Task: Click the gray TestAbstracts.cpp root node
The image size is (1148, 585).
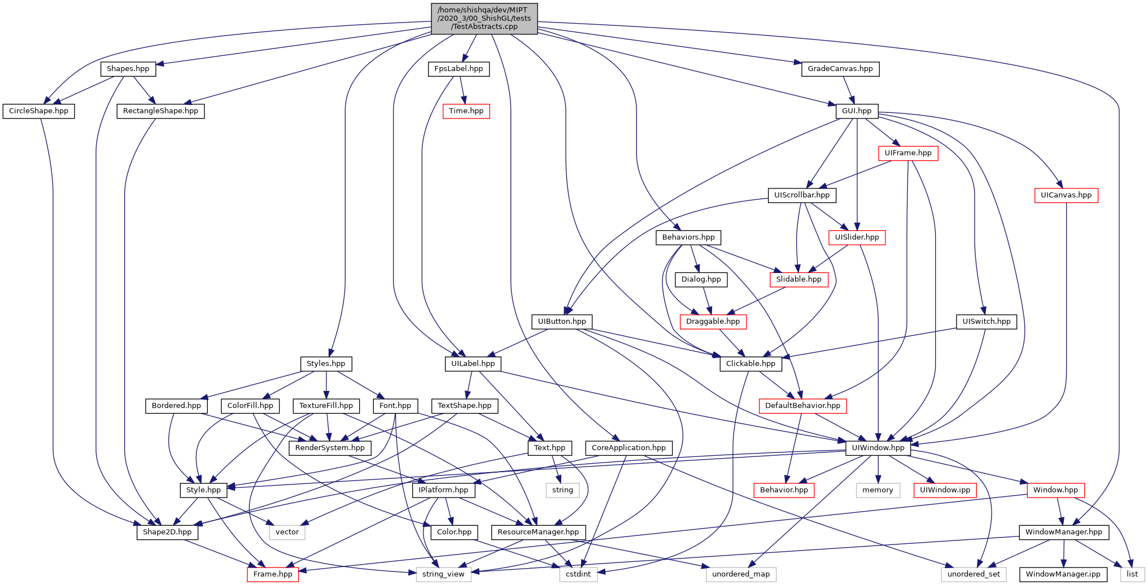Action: click(484, 19)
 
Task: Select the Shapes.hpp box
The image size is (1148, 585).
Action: click(128, 69)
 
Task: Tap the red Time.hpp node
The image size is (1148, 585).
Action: click(466, 111)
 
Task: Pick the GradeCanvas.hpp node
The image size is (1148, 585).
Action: click(840, 69)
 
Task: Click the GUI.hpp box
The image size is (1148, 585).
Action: click(857, 111)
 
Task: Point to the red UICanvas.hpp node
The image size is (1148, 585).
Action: click(1066, 195)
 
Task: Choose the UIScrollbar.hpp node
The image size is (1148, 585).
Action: click(801, 195)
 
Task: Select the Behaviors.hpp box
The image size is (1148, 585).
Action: click(688, 237)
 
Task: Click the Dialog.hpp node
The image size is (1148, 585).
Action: click(701, 279)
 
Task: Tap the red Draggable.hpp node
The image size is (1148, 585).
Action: click(713, 322)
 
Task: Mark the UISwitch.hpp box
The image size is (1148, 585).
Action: click(986, 322)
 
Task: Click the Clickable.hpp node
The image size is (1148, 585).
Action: click(750, 364)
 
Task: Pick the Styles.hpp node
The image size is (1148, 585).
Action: click(326, 364)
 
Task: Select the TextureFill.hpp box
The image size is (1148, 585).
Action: click(326, 406)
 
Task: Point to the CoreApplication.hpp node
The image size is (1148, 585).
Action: click(628, 448)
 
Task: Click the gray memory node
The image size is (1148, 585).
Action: click(878, 490)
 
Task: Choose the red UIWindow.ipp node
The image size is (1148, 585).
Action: click(945, 490)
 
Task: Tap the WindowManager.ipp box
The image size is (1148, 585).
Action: click(1063, 574)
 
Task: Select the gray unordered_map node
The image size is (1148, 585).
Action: click(741, 574)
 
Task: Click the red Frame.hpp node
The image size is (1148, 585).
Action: click(273, 574)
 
